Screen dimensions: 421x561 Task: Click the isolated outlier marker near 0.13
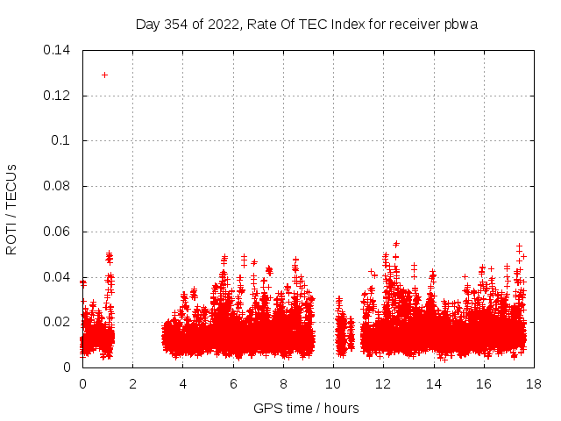(x=104, y=75)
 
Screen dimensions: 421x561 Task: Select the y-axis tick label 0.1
(x=62, y=140)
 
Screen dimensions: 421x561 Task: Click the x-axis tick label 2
(x=132, y=384)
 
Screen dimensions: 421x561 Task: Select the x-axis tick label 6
(x=233, y=384)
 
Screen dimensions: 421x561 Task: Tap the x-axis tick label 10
(x=333, y=384)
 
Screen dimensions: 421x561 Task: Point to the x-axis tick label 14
(x=433, y=384)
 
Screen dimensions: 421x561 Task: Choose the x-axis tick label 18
(x=533, y=384)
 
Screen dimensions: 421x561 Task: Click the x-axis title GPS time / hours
(x=306, y=408)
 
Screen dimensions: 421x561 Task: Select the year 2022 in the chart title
(x=223, y=24)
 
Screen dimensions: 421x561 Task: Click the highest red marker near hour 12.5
(x=396, y=244)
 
